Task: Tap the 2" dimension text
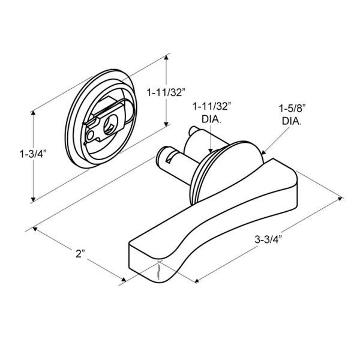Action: point(80,253)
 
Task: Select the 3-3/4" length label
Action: point(268,239)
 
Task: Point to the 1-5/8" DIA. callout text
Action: point(292,115)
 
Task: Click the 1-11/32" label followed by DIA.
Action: point(211,113)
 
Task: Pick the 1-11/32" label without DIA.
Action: point(166,93)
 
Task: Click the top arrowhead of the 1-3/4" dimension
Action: point(34,113)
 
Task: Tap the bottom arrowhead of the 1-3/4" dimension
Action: point(34,199)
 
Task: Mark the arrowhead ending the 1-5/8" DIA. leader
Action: point(263,152)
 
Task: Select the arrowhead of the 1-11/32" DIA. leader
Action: point(211,151)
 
